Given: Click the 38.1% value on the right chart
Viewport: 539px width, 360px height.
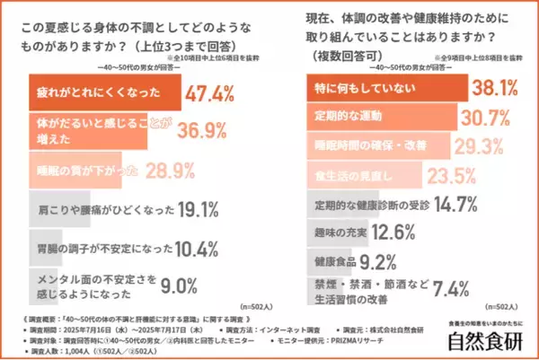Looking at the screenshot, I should [x=498, y=89].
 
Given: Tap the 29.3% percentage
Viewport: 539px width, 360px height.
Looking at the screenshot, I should [x=478, y=145].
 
